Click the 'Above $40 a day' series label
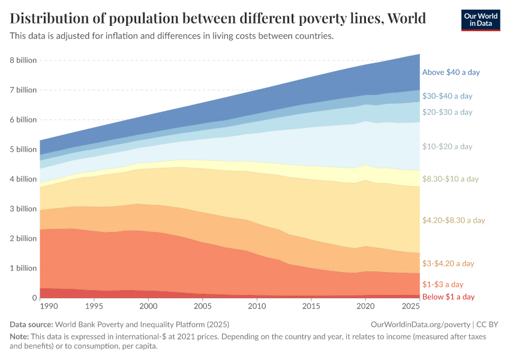(x=451, y=72)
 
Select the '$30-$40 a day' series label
(x=447, y=95)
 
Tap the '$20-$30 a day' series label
(x=447, y=112)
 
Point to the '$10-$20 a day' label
(x=447, y=146)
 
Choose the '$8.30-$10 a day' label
(x=450, y=179)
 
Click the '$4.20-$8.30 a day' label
(x=453, y=220)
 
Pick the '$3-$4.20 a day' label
(x=448, y=263)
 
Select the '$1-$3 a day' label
(x=443, y=284)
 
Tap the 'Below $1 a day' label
(x=448, y=297)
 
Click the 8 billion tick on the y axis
(x=23, y=61)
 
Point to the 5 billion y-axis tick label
(x=23, y=149)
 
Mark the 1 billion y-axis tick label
(x=23, y=268)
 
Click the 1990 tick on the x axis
(x=49, y=307)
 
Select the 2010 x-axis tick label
(x=257, y=307)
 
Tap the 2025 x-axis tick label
(x=410, y=307)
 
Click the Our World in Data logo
(x=481, y=20)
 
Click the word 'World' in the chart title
(x=407, y=19)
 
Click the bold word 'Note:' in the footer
(x=20, y=337)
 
